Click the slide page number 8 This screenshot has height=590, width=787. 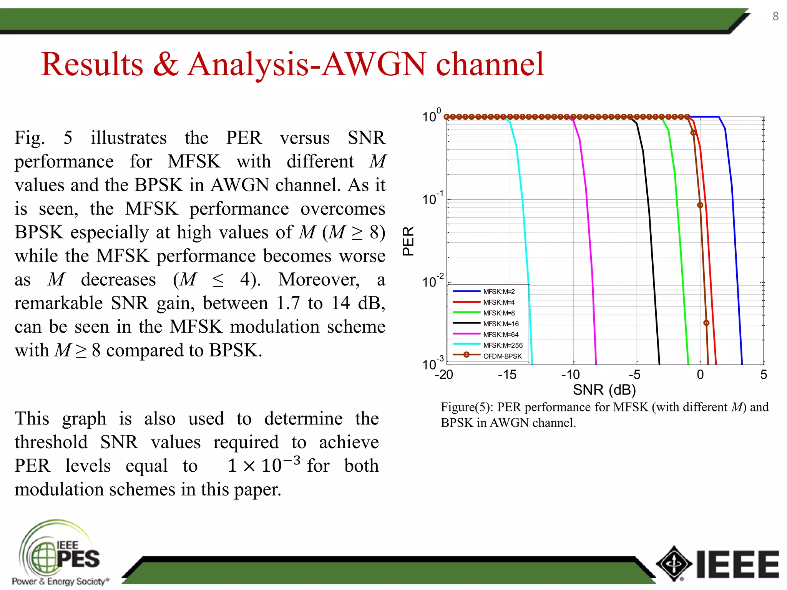pyautogui.click(x=775, y=16)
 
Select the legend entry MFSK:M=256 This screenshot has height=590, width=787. pyautogui.click(x=503, y=345)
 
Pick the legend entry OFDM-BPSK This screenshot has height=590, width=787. pyautogui.click(x=502, y=356)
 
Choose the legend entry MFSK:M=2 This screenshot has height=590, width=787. pyautogui.click(x=499, y=292)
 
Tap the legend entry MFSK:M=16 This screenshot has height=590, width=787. pyautogui.click(x=501, y=324)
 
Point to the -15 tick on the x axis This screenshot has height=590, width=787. pyautogui.click(x=507, y=375)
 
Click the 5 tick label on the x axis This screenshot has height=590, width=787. pyautogui.click(x=763, y=375)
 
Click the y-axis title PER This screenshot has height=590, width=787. pyautogui.click(x=408, y=241)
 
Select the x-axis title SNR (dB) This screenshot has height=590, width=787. pyautogui.click(x=604, y=390)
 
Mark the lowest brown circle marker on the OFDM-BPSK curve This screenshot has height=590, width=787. pyautogui.click(x=706, y=323)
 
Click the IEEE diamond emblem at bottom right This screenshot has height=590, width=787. pyautogui.click(x=674, y=564)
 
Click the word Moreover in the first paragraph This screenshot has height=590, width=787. pyautogui.click(x=319, y=280)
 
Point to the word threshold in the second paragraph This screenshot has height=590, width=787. pyautogui.click(x=51, y=442)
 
